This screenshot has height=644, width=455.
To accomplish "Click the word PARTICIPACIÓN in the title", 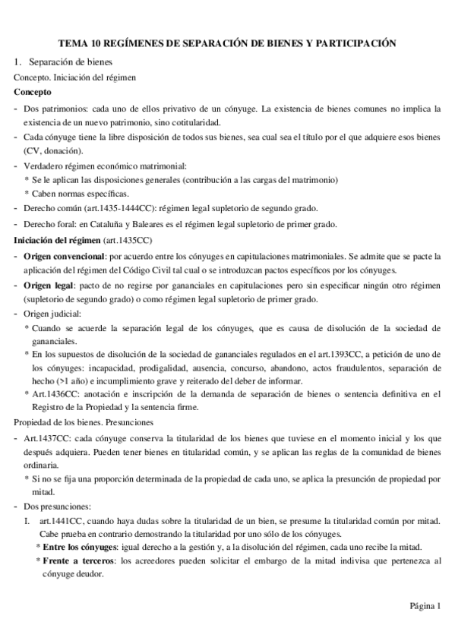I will click(355, 44).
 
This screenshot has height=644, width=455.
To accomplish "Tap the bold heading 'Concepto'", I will click(33, 92).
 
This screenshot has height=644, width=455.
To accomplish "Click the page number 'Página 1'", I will click(425, 606).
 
